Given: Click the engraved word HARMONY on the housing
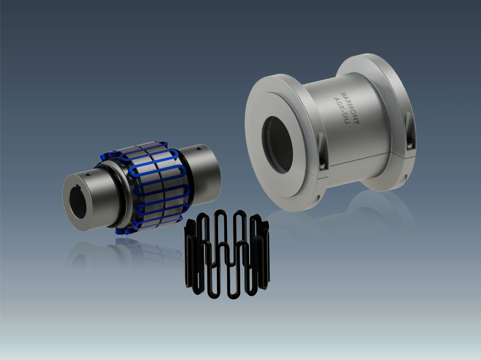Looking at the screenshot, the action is pos(350,108).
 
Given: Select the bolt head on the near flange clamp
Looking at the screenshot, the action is pos(322,166).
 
